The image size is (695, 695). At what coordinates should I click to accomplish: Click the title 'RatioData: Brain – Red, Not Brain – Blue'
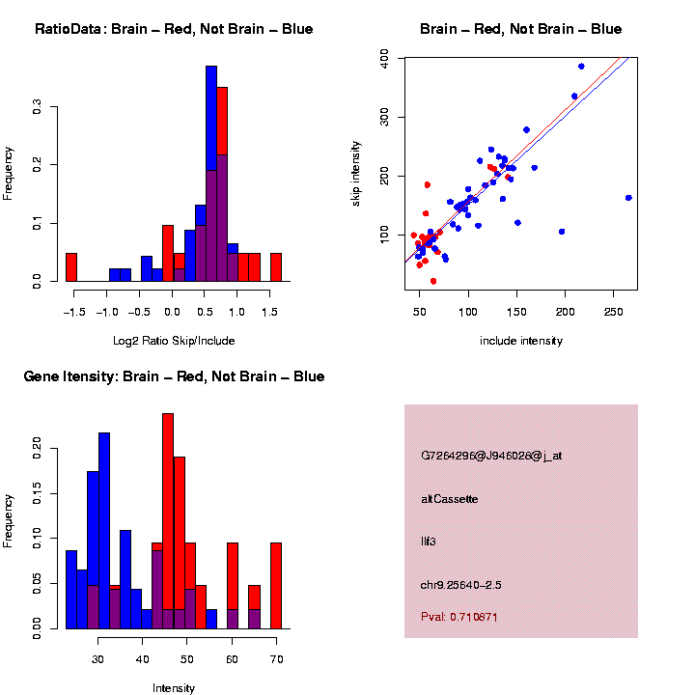pos(174,29)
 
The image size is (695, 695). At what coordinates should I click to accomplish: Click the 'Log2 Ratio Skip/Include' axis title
pos(174,340)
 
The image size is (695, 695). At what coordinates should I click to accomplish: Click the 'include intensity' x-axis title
pos(521,340)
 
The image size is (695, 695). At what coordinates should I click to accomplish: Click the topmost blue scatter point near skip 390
pos(581,67)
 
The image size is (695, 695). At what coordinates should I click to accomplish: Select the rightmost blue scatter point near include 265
pos(628,198)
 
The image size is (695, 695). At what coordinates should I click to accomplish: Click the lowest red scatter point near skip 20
pos(433,281)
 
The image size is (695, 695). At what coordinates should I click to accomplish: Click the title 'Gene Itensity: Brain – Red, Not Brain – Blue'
pos(174,376)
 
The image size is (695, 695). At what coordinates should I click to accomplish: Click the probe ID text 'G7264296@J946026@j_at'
pos(490,456)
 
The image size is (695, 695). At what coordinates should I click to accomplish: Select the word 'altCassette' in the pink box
pos(449,499)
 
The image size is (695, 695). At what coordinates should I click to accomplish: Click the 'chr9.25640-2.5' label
pos(460,585)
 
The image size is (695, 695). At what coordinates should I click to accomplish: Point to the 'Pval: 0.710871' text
pos(459,616)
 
